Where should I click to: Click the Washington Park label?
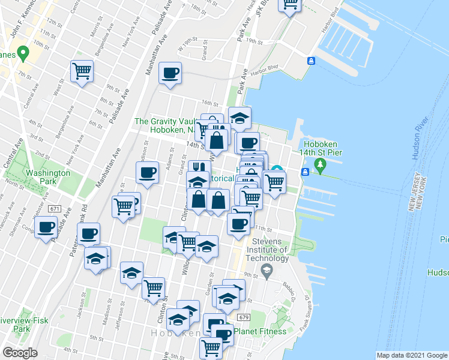tap(47, 177)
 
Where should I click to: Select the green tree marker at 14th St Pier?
tap(321, 164)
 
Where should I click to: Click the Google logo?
tap(20, 352)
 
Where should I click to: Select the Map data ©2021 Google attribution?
tap(411, 355)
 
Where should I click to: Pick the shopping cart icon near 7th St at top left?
tap(82, 71)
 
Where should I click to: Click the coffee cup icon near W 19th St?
tap(170, 73)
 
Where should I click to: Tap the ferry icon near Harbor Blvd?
tap(312, 61)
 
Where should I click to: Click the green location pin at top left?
tap(23, 53)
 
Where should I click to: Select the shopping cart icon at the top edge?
tap(291, 5)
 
